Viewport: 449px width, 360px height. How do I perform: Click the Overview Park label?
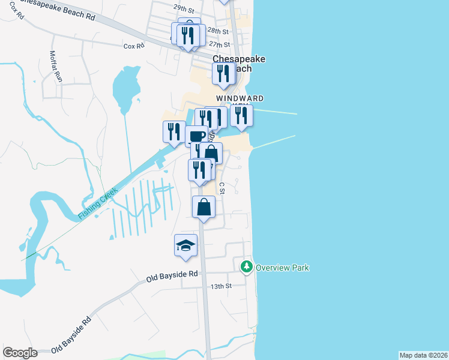click(282, 268)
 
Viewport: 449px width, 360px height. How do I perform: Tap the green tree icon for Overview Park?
click(246, 266)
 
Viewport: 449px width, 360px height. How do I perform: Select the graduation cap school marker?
click(186, 245)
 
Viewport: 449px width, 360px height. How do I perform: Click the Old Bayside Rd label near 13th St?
click(172, 276)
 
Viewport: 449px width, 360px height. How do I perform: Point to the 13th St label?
click(221, 286)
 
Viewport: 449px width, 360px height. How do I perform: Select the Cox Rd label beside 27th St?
click(134, 46)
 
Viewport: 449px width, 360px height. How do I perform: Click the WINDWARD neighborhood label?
click(240, 98)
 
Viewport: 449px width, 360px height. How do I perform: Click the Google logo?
click(20, 353)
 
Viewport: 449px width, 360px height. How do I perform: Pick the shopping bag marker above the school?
click(203, 208)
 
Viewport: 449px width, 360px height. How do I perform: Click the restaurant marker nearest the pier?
click(241, 115)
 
